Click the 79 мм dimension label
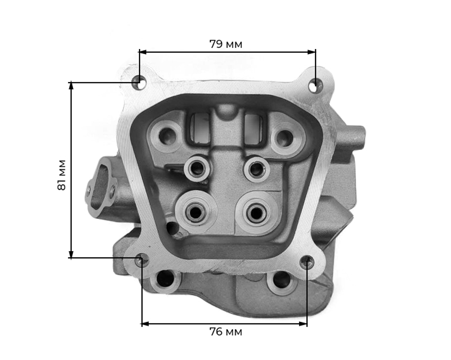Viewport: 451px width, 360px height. point(226,44)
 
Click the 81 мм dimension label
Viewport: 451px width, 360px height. point(61,175)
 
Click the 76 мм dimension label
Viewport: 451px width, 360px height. point(226,332)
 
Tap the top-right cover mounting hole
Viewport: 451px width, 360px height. point(315,85)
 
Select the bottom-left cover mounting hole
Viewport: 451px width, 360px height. point(142,260)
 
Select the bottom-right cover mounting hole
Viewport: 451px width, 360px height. point(307,261)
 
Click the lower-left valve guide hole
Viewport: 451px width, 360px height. point(196,212)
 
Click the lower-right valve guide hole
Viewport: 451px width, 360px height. point(256,213)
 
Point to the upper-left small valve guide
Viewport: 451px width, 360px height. point(198,169)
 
